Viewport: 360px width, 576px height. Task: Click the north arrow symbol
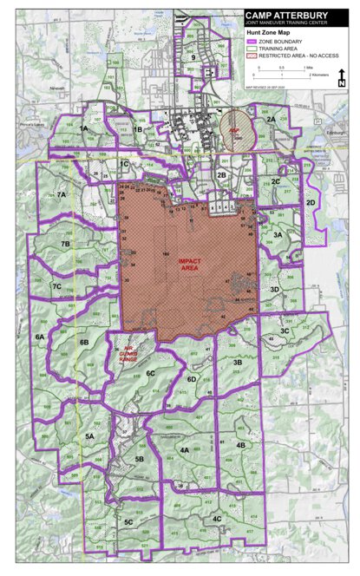point(342,76)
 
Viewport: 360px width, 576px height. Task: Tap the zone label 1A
point(83,128)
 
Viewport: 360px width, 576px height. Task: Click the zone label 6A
point(39,336)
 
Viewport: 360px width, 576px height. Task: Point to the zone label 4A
point(184,450)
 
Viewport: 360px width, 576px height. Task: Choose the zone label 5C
point(128,522)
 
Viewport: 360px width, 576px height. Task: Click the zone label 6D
point(193,379)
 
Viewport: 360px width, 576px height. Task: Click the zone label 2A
point(271,119)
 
